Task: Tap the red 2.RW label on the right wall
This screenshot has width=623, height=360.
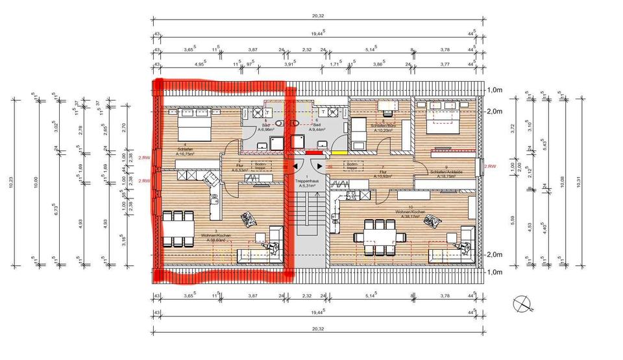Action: [x=491, y=167]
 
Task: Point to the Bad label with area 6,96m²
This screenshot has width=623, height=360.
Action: [x=265, y=126]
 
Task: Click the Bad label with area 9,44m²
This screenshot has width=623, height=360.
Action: [x=316, y=126]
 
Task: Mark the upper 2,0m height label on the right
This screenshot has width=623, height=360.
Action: [x=495, y=111]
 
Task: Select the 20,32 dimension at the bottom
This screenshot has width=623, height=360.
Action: [x=318, y=330]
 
